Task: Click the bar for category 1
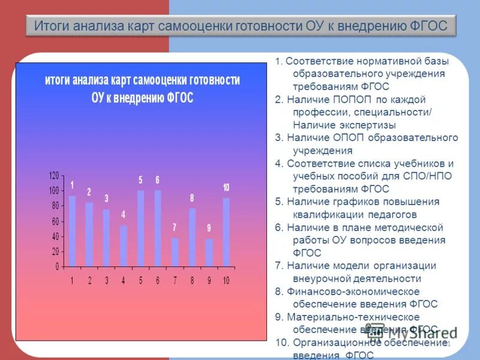[x=72, y=231]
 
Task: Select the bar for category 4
[x=124, y=246]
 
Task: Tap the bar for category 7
[x=175, y=252]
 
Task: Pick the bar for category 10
[x=226, y=232]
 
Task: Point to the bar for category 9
[x=209, y=253]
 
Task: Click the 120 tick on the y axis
[x=54, y=175]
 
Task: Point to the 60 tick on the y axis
[x=55, y=221]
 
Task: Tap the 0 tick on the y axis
[x=57, y=266]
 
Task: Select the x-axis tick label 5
[x=140, y=280]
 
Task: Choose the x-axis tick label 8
[x=192, y=280]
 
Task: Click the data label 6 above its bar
[x=157, y=180]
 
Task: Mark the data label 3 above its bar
[x=106, y=199]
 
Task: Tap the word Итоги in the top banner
[x=53, y=26]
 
